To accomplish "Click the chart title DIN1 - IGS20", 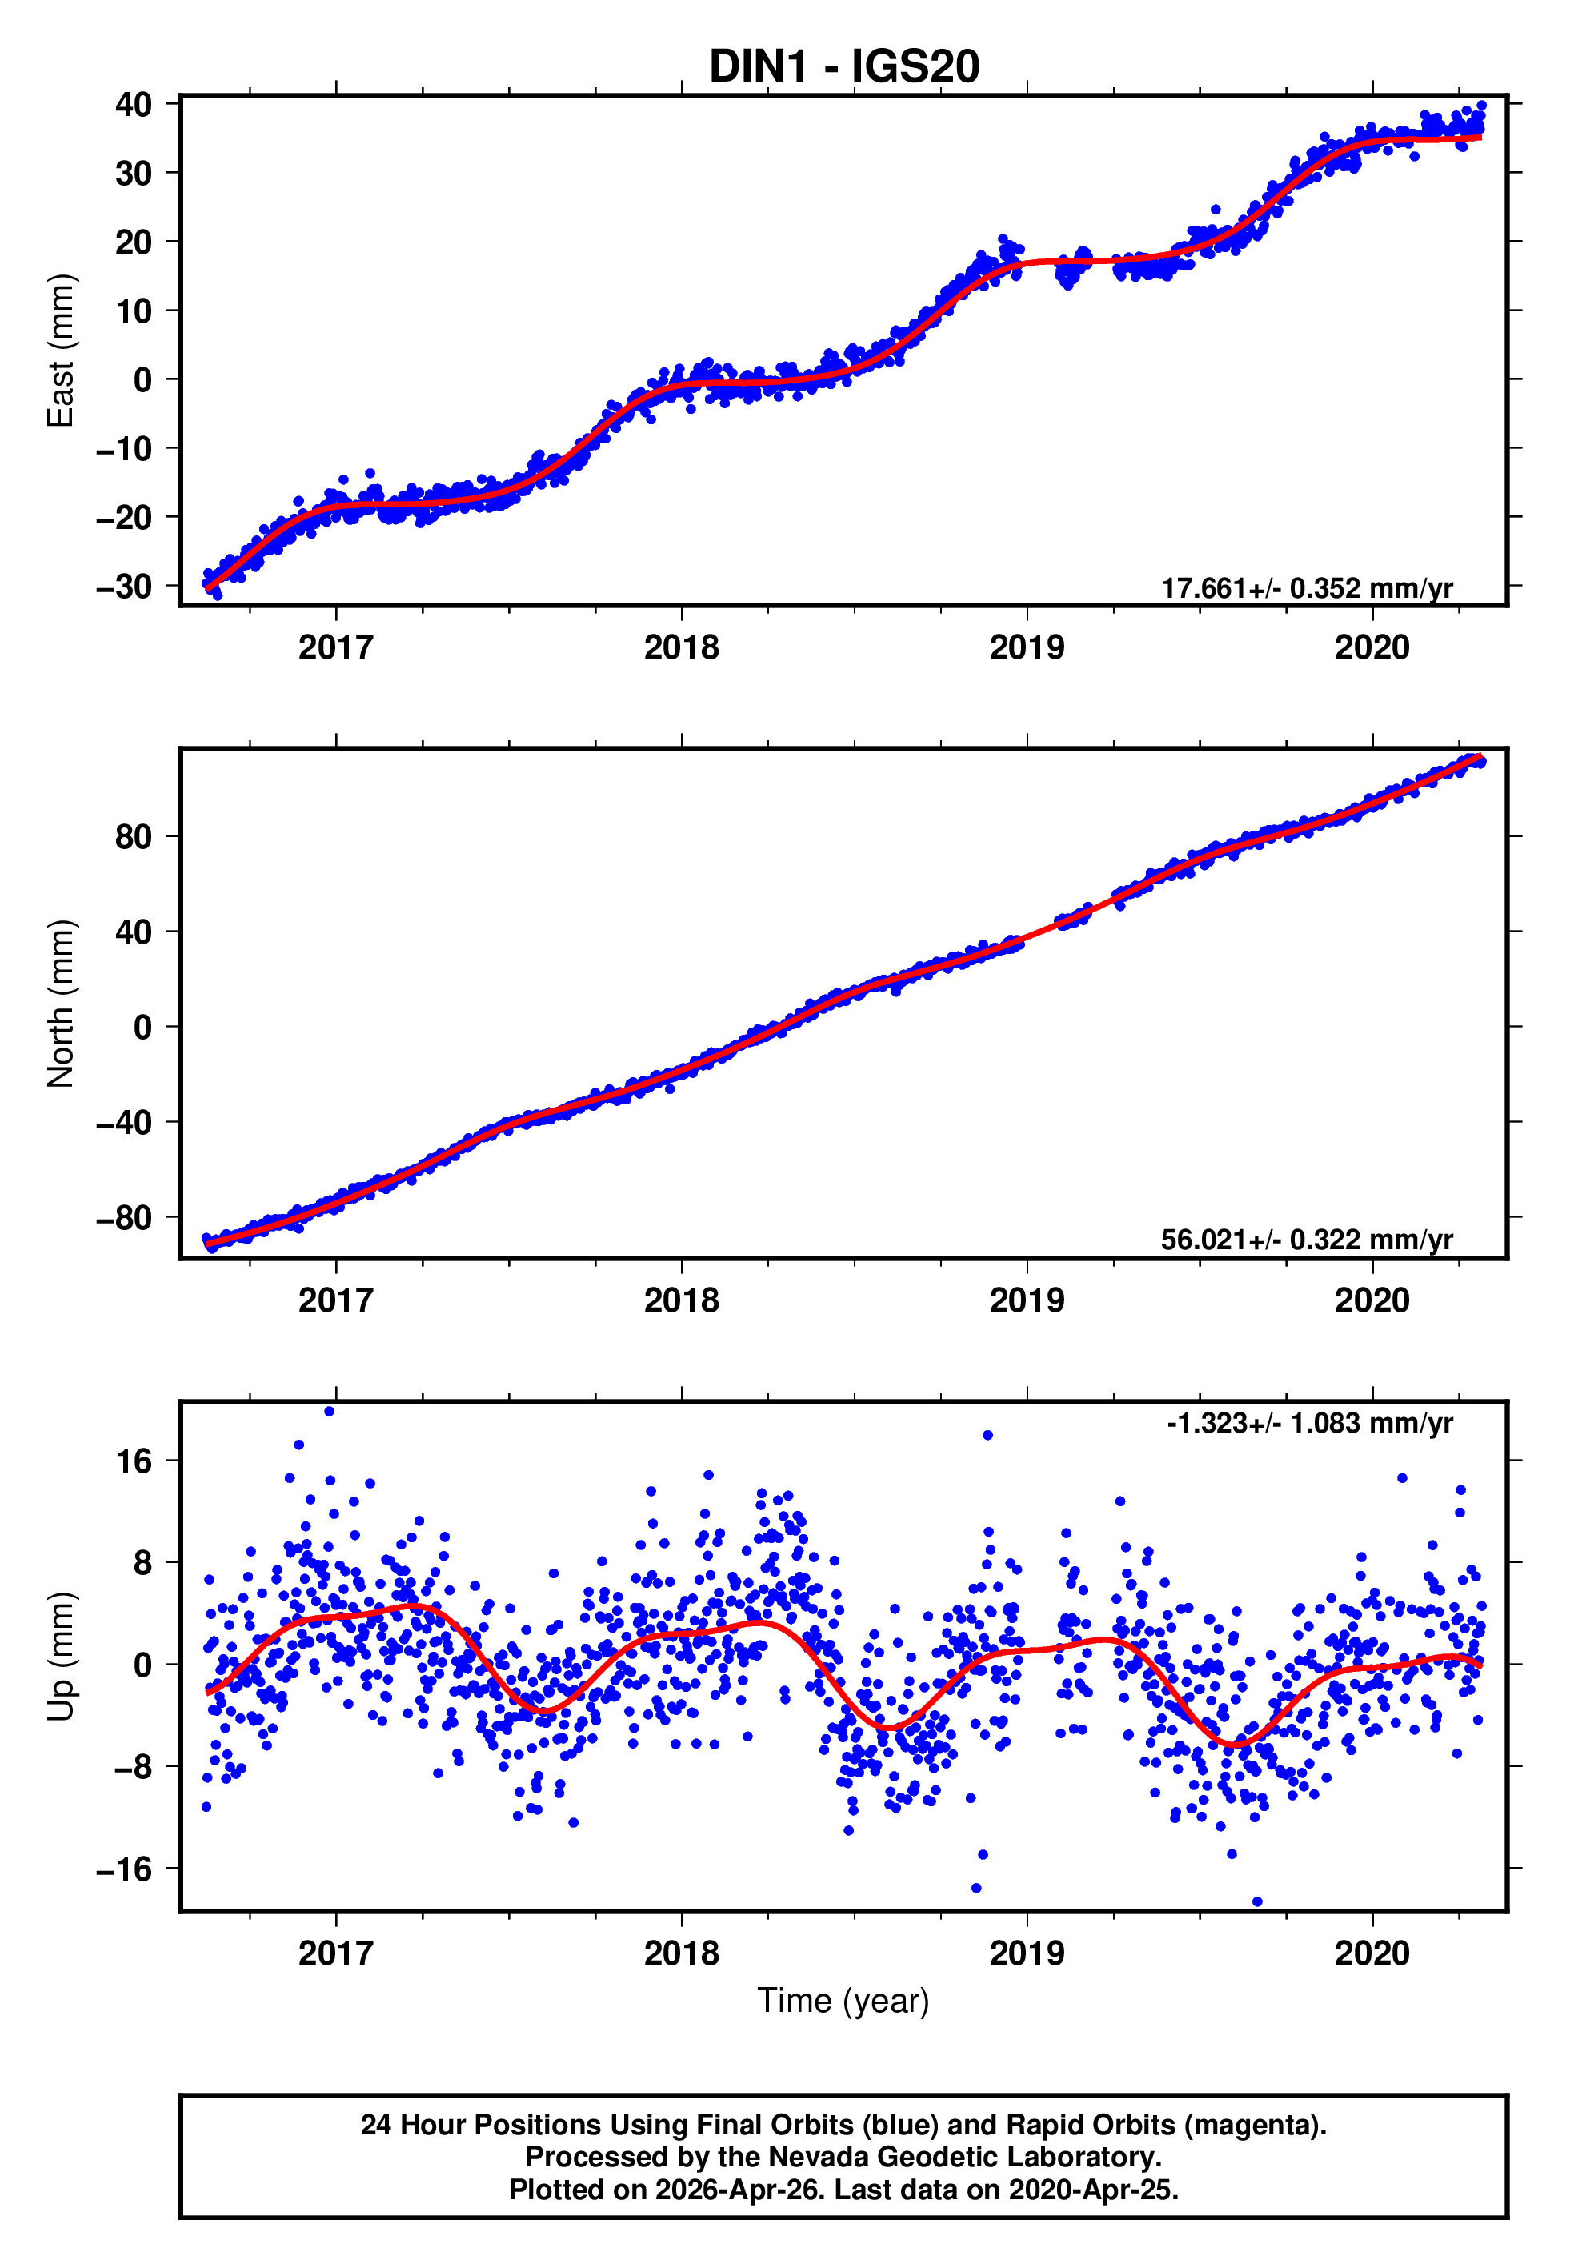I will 843,67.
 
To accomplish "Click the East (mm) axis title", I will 61,351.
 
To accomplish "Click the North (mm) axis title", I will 61,1004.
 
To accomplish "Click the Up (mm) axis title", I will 61,1657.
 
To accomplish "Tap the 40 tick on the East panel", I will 133,104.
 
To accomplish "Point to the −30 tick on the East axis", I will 124,587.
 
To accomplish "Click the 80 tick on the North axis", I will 133,837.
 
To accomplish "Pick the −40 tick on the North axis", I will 124,1122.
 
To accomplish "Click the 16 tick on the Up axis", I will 134,1461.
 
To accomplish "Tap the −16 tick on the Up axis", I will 124,1869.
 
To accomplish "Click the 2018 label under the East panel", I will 681,647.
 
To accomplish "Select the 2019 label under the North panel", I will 1026,1300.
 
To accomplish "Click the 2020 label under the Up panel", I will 1372,1953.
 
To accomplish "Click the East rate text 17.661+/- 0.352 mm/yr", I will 1307,588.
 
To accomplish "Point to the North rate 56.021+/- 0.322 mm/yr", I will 1307,1239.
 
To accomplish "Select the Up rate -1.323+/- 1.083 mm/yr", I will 1309,1423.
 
